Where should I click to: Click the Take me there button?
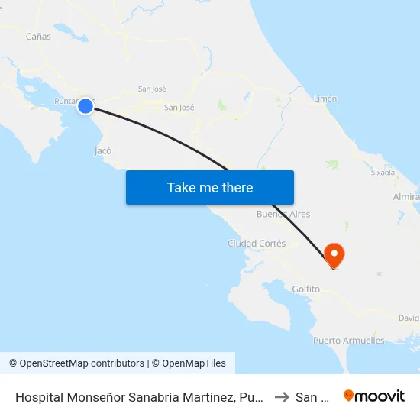(210, 187)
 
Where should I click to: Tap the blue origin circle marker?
(86, 106)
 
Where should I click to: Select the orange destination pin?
(334, 254)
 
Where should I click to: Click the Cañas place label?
(38, 36)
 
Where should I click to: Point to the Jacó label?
(103, 151)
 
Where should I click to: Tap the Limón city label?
(325, 99)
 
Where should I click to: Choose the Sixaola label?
(383, 173)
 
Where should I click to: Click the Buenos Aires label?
(283, 215)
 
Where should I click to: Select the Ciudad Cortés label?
(257, 244)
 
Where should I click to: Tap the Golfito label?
(305, 289)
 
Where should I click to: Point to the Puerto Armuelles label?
(349, 341)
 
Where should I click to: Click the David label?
(409, 318)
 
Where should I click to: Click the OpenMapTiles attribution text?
(192, 363)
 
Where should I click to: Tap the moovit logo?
(374, 396)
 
